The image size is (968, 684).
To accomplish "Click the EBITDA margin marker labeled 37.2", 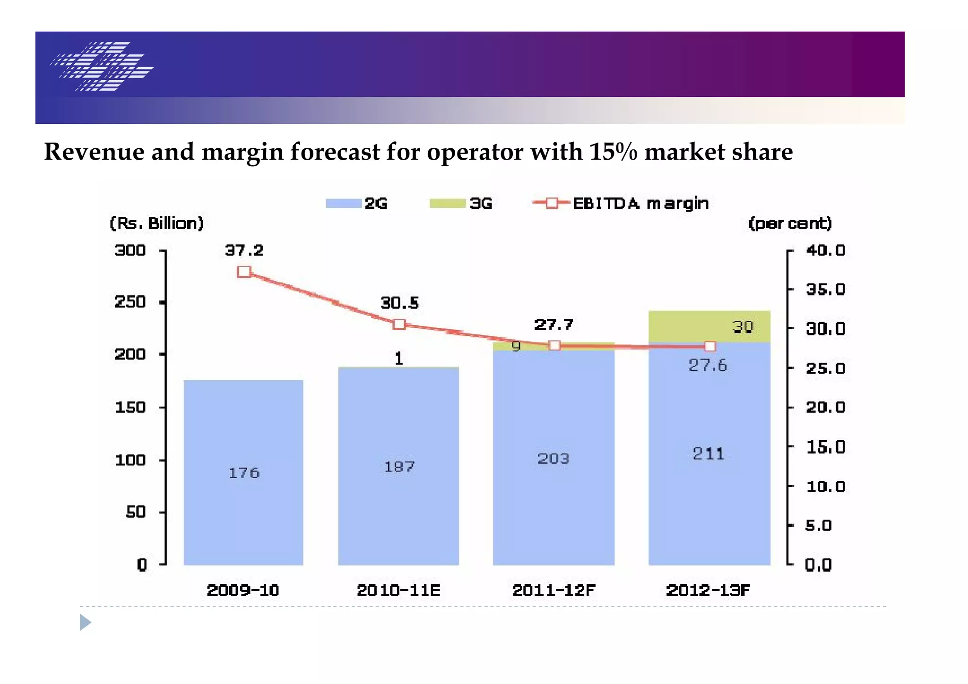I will coord(244,272).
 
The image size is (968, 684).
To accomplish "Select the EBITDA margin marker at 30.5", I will coord(399,324).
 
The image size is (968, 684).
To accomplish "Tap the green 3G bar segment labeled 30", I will coord(709,326).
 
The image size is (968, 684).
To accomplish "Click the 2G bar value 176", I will coord(244,473).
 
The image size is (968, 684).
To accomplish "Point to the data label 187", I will coord(399,467).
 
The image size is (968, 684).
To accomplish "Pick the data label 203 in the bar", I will coord(553,459).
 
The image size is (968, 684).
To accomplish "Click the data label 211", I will coord(708,454).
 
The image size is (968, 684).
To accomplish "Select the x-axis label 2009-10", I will coord(243,590).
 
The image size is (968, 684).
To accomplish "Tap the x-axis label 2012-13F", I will coord(708,590).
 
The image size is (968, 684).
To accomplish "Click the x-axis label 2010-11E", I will coord(398,590).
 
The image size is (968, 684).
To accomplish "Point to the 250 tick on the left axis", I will coord(130,302).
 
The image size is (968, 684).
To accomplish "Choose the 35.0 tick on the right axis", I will coord(825,289).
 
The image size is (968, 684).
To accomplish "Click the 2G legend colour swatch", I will coord(344,203).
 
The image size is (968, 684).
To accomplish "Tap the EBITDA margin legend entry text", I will coord(640,204).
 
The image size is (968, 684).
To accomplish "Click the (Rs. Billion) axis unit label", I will coord(156,223).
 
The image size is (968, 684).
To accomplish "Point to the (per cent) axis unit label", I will coord(790,223).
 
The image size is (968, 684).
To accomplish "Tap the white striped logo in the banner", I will coord(102,66).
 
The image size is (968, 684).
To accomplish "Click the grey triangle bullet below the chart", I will coord(85,622).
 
